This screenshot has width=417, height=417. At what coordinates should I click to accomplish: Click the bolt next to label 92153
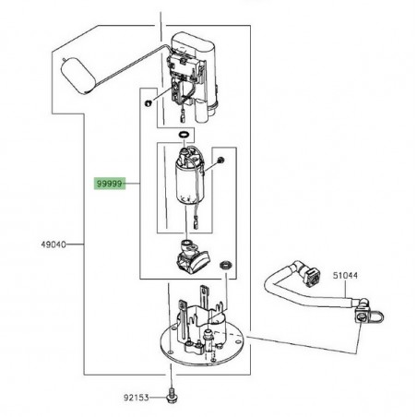pos(173,397)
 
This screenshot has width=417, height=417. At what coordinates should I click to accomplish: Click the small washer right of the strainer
pos(225,266)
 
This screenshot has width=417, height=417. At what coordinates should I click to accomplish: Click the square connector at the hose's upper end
pos(309,275)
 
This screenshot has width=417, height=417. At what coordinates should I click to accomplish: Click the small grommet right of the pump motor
pos(220,165)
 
